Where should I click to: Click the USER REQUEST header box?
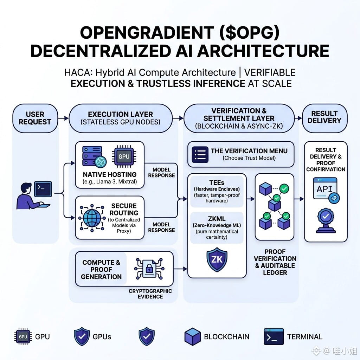click(35, 118)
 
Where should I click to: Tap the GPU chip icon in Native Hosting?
click(124, 156)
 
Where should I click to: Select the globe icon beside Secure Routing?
click(92, 218)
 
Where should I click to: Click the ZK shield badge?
click(217, 259)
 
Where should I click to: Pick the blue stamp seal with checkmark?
click(326, 221)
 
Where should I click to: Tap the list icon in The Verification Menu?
click(200, 155)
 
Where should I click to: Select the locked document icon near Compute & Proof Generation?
click(149, 269)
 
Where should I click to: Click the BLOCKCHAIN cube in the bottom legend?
click(192, 336)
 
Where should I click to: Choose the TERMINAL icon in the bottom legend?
click(274, 337)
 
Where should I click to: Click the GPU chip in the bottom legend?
click(23, 337)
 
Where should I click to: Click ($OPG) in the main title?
click(250, 33)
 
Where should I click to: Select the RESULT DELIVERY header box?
click(324, 118)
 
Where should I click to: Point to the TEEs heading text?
click(217, 183)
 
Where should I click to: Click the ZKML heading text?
click(217, 219)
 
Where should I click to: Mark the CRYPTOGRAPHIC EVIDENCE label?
click(150, 294)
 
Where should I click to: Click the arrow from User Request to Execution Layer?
click(63, 118)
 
